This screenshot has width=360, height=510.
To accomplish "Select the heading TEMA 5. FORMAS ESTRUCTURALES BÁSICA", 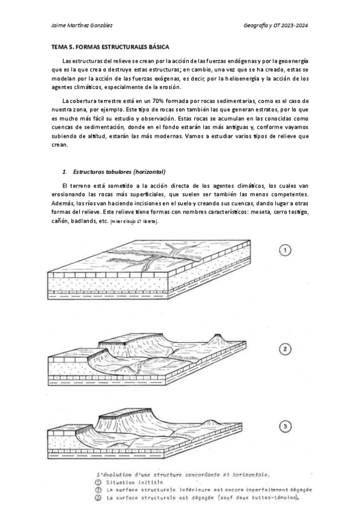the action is pos(110,46).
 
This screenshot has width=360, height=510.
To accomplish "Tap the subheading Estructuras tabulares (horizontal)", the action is pos(114,172).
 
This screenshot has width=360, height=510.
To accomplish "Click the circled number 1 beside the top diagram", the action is pos(286,250).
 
